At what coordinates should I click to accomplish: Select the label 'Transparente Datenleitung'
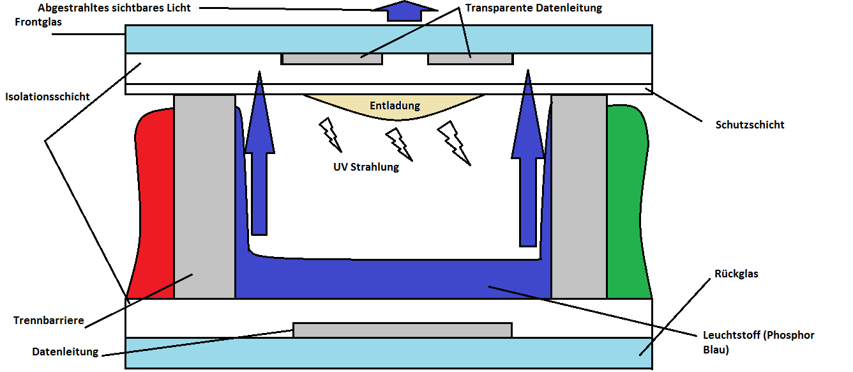pyautogui.click(x=533, y=8)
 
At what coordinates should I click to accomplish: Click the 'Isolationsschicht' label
pyautogui.click(x=47, y=97)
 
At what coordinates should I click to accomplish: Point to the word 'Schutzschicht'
pyautogui.click(x=750, y=125)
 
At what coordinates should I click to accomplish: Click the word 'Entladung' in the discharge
pyautogui.click(x=395, y=105)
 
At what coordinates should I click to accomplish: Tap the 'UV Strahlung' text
pyautogui.click(x=366, y=167)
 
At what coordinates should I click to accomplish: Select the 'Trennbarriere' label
pyautogui.click(x=49, y=320)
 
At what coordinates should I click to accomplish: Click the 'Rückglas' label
pyautogui.click(x=736, y=274)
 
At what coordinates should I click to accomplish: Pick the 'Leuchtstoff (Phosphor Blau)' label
pyautogui.click(x=758, y=342)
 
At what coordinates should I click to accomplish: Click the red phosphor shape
pyautogui.click(x=153, y=205)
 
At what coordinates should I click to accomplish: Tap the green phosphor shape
pyautogui.click(x=628, y=205)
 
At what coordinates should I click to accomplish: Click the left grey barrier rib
pyautogui.click(x=204, y=198)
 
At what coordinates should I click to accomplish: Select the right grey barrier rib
pyautogui.click(x=578, y=198)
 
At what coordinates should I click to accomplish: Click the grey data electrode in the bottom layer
pyautogui.click(x=402, y=330)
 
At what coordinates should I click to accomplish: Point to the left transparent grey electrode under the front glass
pyautogui.click(x=331, y=59)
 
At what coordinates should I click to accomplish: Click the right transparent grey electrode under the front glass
pyautogui.click(x=469, y=59)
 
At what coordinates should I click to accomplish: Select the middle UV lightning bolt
pyautogui.click(x=399, y=144)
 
